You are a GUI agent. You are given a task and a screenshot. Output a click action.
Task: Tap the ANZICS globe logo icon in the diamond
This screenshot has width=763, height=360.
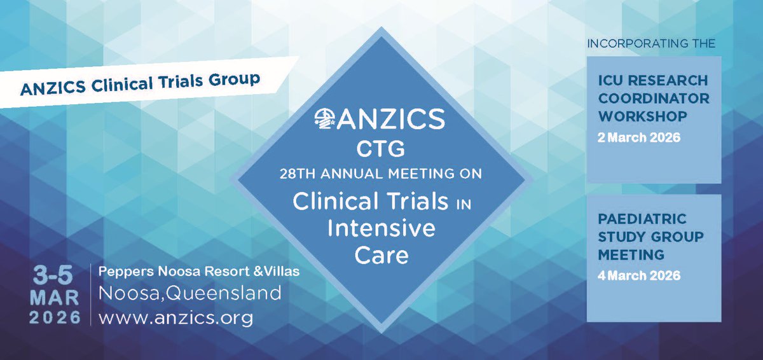pyautogui.click(x=327, y=119)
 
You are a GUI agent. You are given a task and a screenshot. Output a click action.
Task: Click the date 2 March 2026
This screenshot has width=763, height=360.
pyautogui.click(x=638, y=137)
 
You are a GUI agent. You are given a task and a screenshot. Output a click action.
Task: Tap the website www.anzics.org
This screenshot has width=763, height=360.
pyautogui.click(x=175, y=317)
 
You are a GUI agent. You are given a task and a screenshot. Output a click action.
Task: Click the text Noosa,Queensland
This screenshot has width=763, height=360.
pyautogui.click(x=189, y=293)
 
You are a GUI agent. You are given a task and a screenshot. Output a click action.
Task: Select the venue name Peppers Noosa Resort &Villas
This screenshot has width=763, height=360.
pyautogui.click(x=198, y=272)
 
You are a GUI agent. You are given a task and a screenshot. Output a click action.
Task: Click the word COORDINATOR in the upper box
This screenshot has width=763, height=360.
pyautogui.click(x=654, y=99)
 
